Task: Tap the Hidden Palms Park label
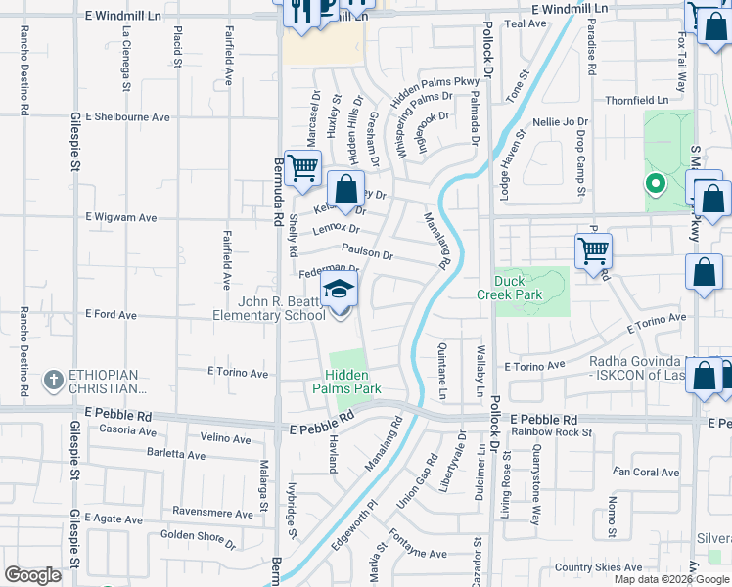[x=353, y=381]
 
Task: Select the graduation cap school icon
[x=340, y=290]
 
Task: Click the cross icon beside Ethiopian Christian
[x=54, y=378]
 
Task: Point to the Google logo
[x=32, y=575]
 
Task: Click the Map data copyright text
[x=671, y=579]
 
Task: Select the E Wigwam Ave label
[x=121, y=217]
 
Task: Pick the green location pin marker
[x=654, y=183]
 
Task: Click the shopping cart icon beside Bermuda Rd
[x=303, y=168]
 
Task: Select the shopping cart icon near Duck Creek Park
[x=593, y=250]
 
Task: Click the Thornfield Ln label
[x=636, y=100]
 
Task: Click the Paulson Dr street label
[x=367, y=253]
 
